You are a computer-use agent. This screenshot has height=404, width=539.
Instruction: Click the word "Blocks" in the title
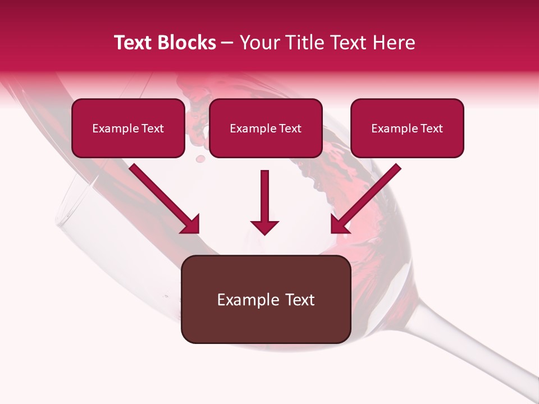click(x=186, y=43)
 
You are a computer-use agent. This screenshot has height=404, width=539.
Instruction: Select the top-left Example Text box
click(x=128, y=128)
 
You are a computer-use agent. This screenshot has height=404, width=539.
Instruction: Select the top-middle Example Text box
click(x=266, y=128)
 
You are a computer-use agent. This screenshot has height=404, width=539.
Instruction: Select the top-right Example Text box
click(x=407, y=128)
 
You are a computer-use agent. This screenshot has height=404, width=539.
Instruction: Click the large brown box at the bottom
click(x=266, y=299)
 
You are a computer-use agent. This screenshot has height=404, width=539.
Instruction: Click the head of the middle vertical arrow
click(x=264, y=227)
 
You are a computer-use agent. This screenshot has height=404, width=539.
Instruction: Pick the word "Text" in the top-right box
click(x=431, y=128)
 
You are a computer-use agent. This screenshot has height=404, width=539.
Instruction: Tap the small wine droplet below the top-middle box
click(x=199, y=159)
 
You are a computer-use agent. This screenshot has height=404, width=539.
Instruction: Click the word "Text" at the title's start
click(x=134, y=43)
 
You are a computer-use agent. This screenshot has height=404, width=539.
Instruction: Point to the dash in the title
click(x=227, y=43)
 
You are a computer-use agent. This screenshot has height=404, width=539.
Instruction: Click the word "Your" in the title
click(x=257, y=43)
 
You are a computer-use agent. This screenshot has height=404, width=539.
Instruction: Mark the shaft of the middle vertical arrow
click(x=264, y=194)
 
